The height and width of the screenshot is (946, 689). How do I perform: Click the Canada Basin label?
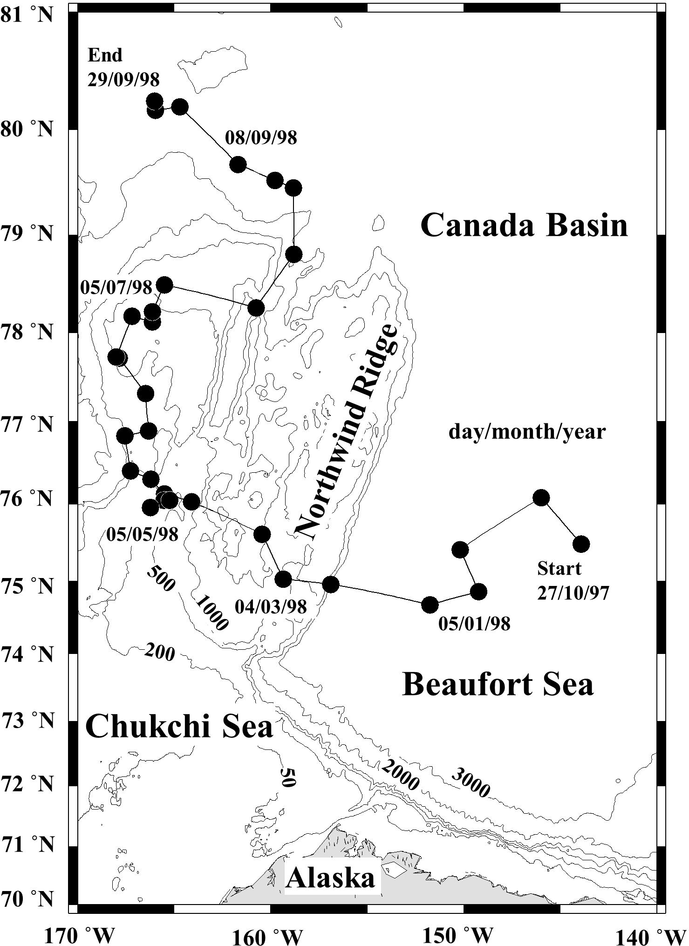tap(524, 226)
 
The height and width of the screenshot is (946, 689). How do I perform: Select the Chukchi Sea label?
tap(179, 727)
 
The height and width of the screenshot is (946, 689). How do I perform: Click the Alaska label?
tap(331, 878)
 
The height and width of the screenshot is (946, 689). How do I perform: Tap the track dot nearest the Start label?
tap(581, 544)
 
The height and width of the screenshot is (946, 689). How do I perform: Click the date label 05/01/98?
tap(474, 624)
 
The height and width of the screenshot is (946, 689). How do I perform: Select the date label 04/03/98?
tap(271, 606)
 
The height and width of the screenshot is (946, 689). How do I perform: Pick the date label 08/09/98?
tap(261, 137)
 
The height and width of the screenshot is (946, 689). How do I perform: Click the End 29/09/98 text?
tap(123, 68)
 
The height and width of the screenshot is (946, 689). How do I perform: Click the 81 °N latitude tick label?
tap(27, 15)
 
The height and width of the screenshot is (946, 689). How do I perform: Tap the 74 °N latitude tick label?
tap(27, 654)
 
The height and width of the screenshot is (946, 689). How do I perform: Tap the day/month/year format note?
tap(526, 432)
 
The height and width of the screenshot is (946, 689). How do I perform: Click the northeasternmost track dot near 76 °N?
tap(541, 497)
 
